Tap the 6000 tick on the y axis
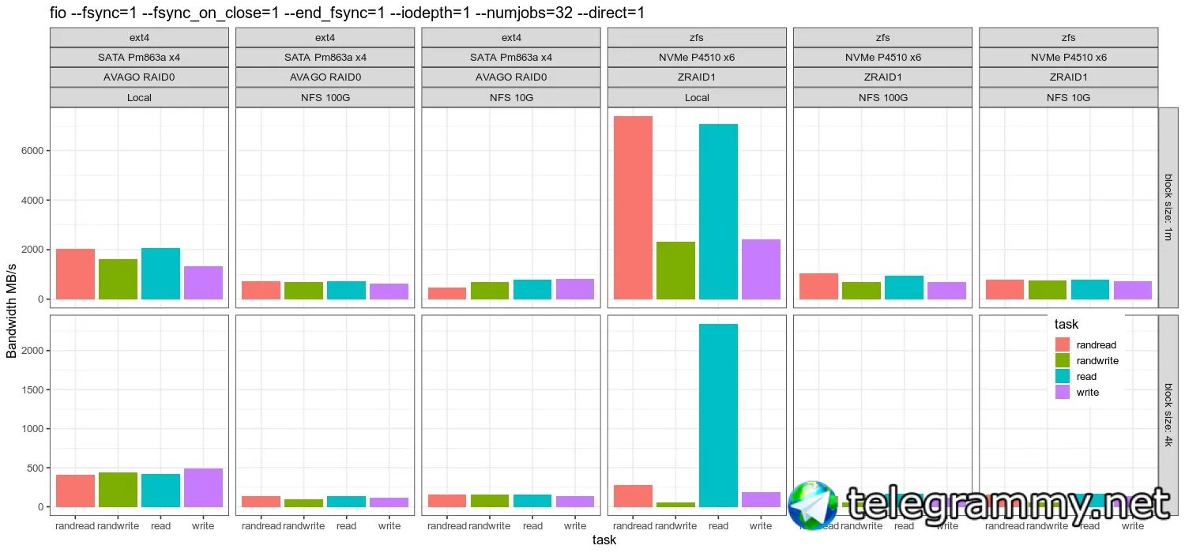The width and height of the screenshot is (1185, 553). [x=31, y=151]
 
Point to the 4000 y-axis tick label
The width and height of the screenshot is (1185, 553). [x=31, y=201]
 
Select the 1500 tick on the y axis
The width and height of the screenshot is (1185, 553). [x=31, y=389]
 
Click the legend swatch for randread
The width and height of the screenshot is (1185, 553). [x=1063, y=344]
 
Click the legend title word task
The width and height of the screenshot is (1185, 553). [x=1066, y=324]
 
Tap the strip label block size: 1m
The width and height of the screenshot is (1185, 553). [x=1169, y=207]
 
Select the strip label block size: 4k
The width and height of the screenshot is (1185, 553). [x=1169, y=416]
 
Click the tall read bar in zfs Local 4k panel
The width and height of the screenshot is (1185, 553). [x=718, y=415]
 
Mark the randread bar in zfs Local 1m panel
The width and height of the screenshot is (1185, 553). [x=633, y=208]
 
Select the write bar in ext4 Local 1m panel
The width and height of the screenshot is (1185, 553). [x=203, y=283]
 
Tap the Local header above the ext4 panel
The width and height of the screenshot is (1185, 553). [x=139, y=98]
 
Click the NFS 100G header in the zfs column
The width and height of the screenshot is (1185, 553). [x=882, y=98]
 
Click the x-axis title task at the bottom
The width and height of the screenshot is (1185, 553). [x=604, y=540]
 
